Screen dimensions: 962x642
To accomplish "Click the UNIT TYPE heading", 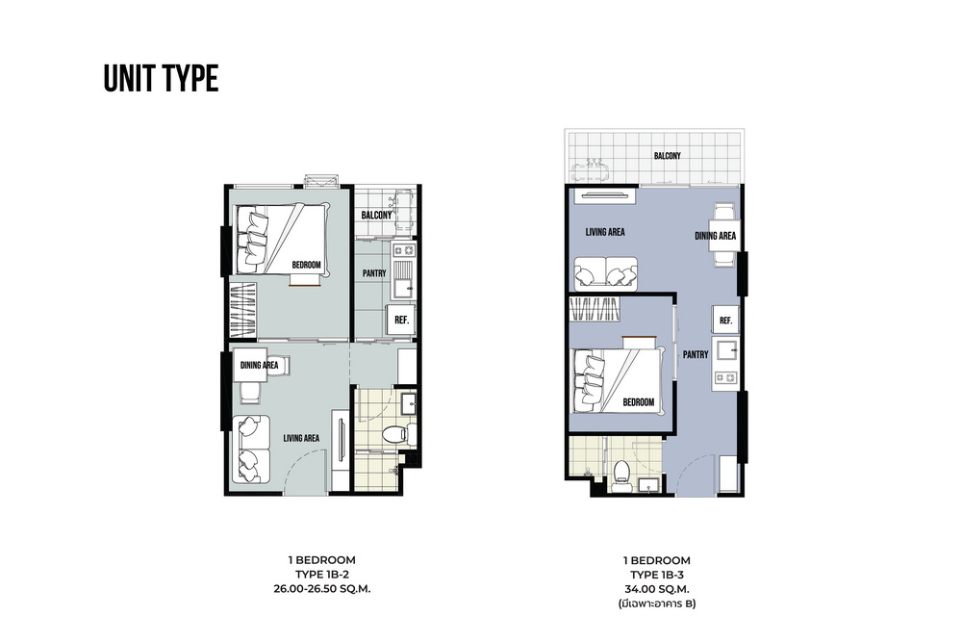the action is pyautogui.click(x=161, y=79).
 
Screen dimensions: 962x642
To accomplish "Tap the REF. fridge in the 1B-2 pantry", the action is pyautogui.click(x=401, y=320).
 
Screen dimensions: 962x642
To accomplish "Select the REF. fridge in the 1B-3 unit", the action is pyautogui.click(x=725, y=321).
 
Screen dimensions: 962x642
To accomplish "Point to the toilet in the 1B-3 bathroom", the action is pyautogui.click(x=621, y=475).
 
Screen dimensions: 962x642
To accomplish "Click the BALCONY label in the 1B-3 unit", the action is pyautogui.click(x=667, y=156).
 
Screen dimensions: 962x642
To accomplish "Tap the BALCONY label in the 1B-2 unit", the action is pyautogui.click(x=376, y=215).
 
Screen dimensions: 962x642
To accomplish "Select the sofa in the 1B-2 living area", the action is pyautogui.click(x=251, y=449).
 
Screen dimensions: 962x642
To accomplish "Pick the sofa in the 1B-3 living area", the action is pyautogui.click(x=605, y=272).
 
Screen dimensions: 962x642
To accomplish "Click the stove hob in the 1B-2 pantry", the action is pyautogui.click(x=404, y=250).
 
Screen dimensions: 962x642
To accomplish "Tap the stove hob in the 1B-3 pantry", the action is pyautogui.click(x=725, y=377).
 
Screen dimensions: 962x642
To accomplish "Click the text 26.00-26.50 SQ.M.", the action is pyautogui.click(x=321, y=589).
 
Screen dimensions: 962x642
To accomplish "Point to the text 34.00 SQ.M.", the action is pyautogui.click(x=656, y=589).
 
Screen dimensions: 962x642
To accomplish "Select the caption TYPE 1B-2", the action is pyautogui.click(x=322, y=575).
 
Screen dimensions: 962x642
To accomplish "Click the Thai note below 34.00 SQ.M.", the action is pyautogui.click(x=656, y=603).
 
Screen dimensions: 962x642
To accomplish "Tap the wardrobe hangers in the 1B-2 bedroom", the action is pyautogui.click(x=243, y=309).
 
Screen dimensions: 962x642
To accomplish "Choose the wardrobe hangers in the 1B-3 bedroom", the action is pyautogui.click(x=595, y=309).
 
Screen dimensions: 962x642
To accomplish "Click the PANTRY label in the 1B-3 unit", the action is pyautogui.click(x=696, y=355).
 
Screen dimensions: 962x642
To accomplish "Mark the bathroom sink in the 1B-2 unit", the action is pyautogui.click(x=408, y=403).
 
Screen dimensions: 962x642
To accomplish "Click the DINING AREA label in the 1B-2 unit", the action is pyautogui.click(x=259, y=365).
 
